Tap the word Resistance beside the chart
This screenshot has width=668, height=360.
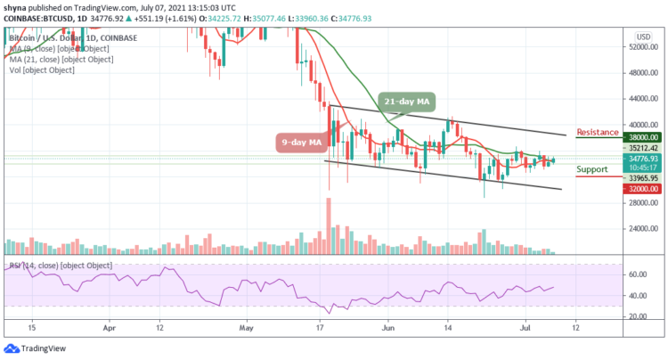click(598, 133)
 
